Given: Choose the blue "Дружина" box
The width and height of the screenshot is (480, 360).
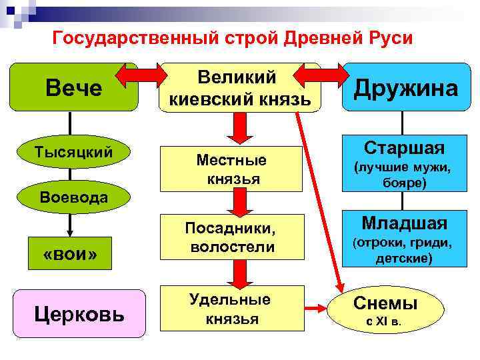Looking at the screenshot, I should [x=405, y=88].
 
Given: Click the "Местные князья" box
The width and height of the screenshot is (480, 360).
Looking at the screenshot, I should [x=231, y=170].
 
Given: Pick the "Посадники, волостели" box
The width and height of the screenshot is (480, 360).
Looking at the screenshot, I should [x=231, y=239].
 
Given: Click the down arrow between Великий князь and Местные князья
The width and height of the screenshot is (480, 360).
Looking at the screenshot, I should [x=233, y=125].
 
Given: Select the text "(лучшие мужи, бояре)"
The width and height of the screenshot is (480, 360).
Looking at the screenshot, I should [x=405, y=175].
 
